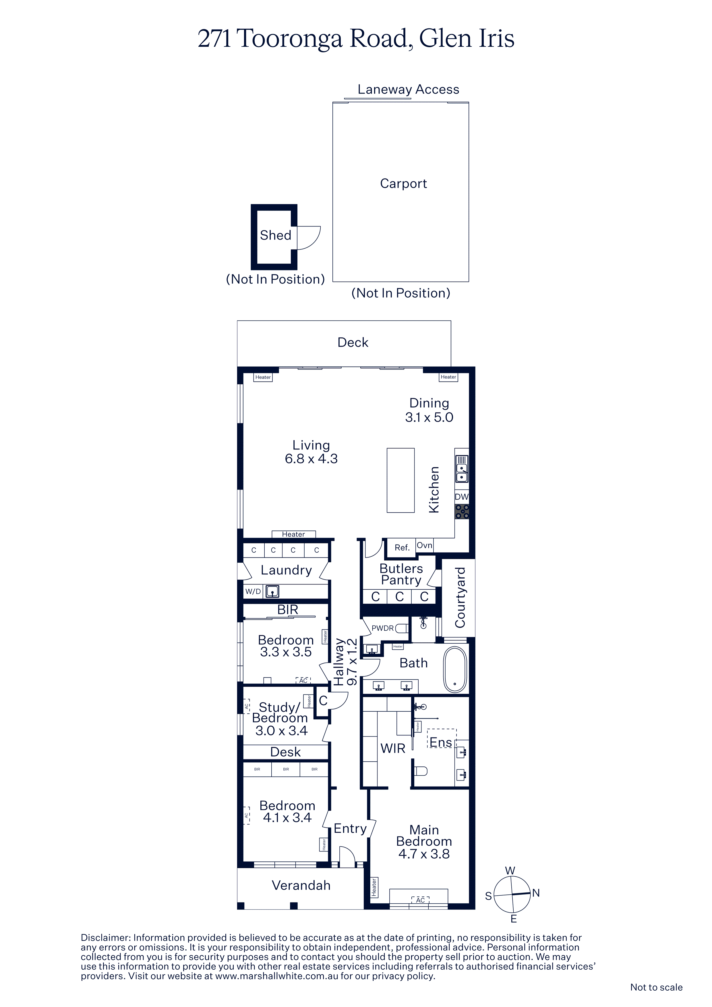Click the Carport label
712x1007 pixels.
(x=403, y=184)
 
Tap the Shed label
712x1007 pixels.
(x=276, y=235)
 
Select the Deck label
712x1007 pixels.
(x=353, y=342)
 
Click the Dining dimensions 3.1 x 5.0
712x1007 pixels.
(x=429, y=417)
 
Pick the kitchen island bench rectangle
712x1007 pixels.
(x=400, y=480)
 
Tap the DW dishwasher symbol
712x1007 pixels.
(x=461, y=497)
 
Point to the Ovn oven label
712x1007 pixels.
(x=424, y=545)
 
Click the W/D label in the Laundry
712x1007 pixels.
(x=253, y=592)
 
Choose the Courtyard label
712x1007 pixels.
(x=460, y=597)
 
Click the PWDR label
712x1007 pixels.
(x=382, y=628)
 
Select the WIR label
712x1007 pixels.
(x=393, y=749)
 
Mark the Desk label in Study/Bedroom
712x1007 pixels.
(x=286, y=752)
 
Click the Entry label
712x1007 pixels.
(x=350, y=828)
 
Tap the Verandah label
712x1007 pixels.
(x=301, y=886)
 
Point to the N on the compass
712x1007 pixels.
(x=536, y=893)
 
